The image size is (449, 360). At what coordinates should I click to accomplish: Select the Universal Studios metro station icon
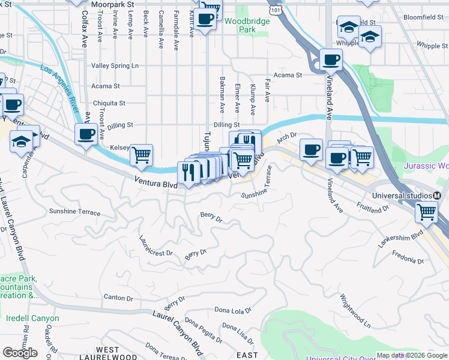tap(437, 196)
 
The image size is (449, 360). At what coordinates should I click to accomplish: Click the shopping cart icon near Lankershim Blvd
tap(426, 211)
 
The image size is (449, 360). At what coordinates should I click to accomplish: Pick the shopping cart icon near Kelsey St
tap(141, 155)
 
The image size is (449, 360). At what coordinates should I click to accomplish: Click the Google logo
tap(20, 353)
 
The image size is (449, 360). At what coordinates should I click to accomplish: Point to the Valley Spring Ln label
tap(115, 65)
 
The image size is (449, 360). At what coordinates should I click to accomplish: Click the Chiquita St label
tap(108, 103)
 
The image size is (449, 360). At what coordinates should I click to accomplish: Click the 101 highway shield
tap(275, 11)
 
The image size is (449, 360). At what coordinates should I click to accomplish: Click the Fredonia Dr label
tap(407, 259)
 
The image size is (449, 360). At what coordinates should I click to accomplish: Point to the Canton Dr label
tap(118, 298)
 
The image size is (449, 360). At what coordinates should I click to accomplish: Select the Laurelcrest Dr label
tap(155, 245)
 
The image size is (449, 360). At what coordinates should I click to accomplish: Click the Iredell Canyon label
tap(32, 319)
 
